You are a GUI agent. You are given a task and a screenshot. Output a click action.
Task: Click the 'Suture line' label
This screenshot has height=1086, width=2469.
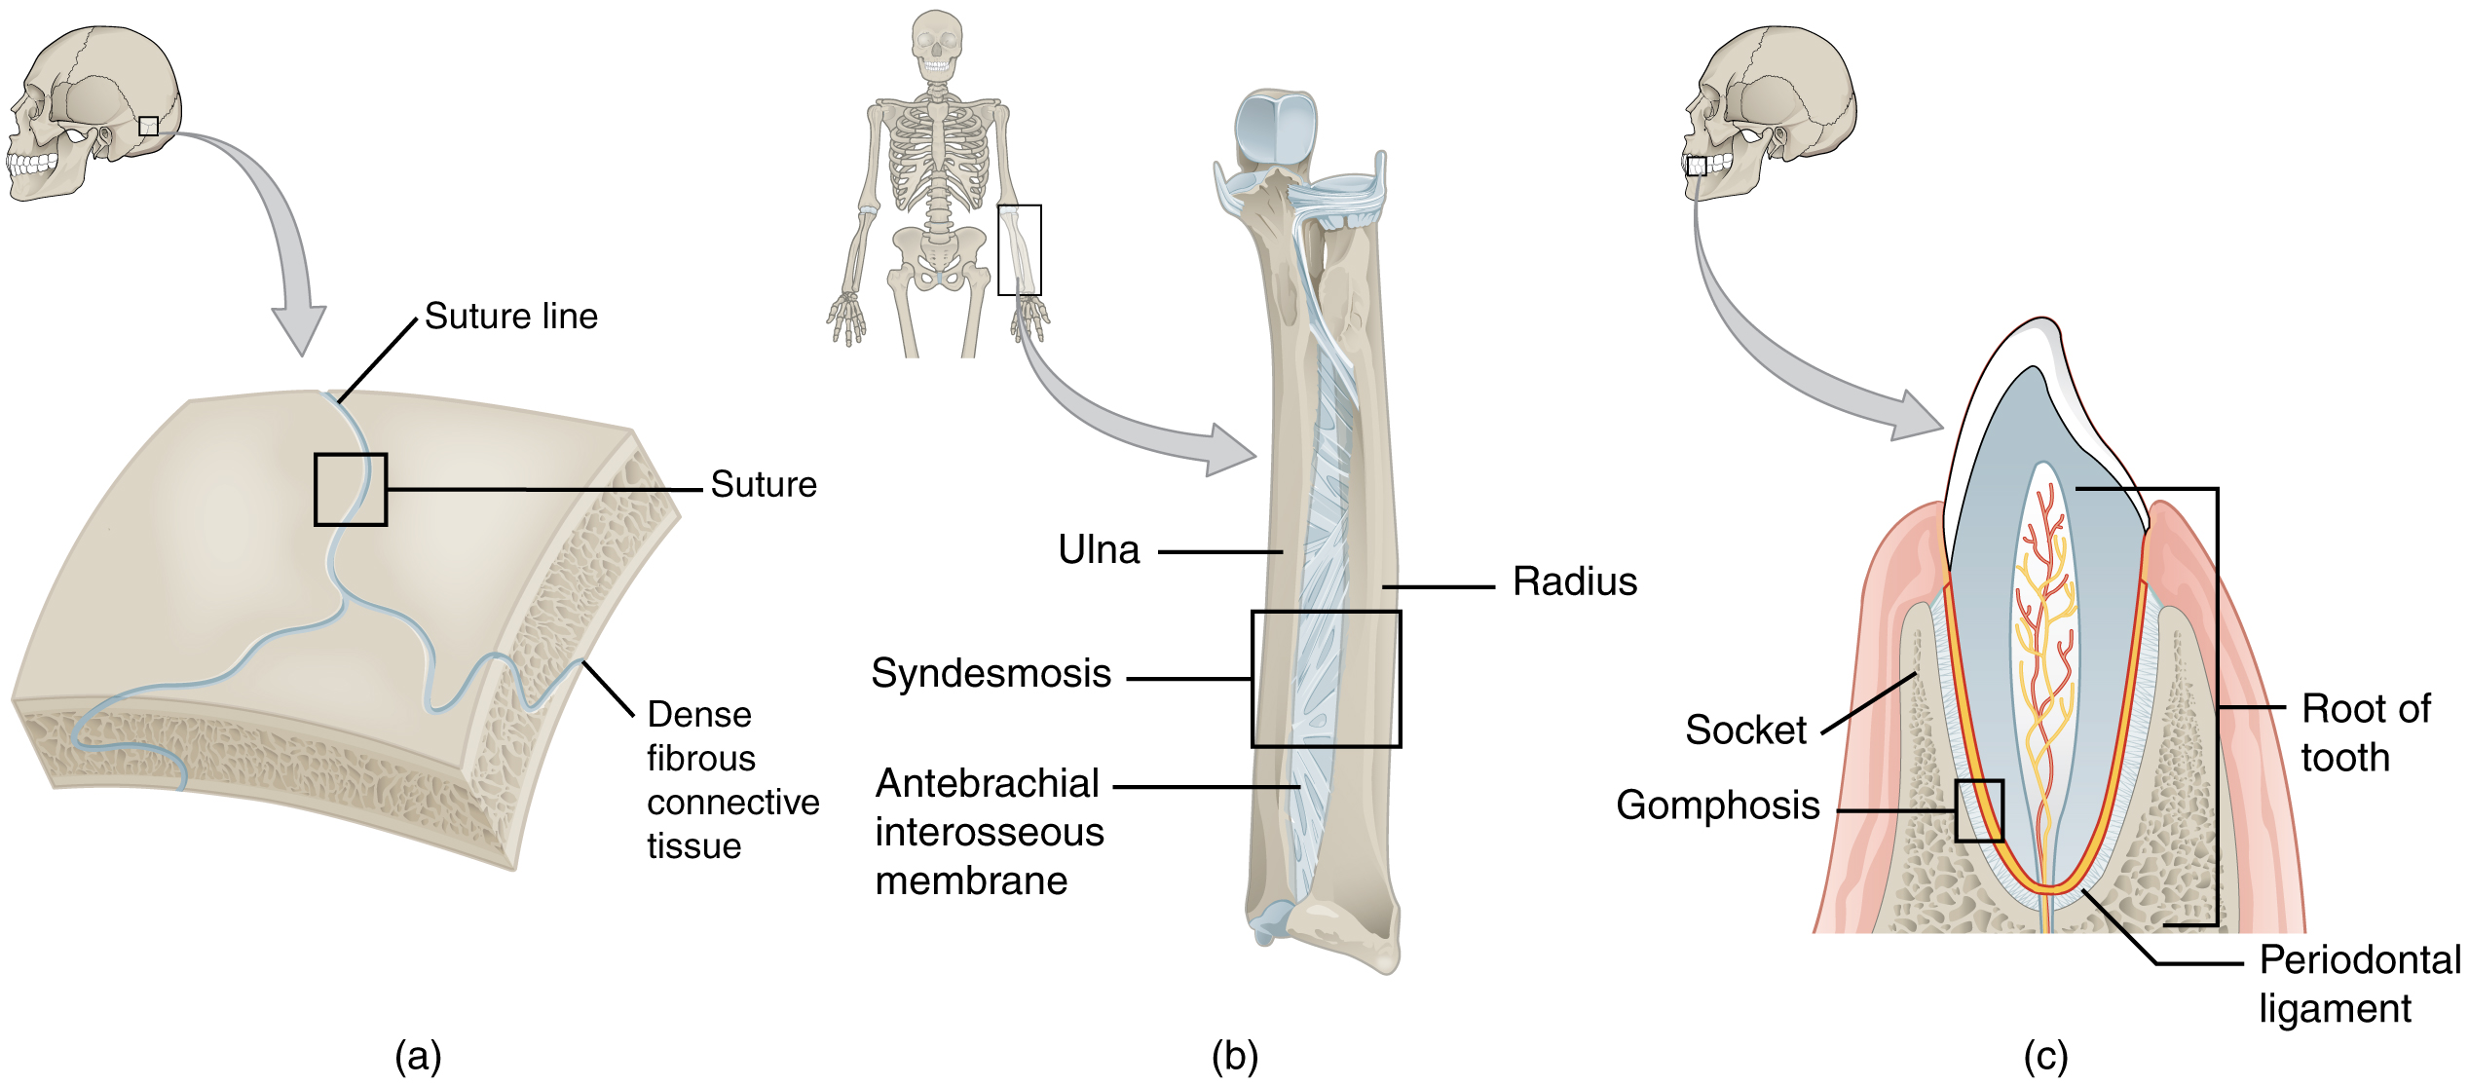510,317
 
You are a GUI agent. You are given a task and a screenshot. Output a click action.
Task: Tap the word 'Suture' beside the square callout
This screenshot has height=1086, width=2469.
764,484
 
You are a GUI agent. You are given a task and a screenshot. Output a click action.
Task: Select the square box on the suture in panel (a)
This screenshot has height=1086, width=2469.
351,490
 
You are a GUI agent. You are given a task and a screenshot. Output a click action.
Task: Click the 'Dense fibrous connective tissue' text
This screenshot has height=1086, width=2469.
731,780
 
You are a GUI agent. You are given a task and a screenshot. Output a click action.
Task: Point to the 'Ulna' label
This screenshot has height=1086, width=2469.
1099,550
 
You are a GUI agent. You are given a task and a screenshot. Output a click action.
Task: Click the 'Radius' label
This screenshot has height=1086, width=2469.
1574,581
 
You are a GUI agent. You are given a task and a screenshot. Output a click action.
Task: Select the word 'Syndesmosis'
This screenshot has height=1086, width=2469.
991,673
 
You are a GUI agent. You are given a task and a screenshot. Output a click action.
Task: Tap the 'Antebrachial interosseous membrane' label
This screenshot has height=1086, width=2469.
989,832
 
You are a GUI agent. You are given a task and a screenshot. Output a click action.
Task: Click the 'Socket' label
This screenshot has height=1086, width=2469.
1745,730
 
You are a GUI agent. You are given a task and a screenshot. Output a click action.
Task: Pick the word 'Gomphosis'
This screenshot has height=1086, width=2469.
1717,805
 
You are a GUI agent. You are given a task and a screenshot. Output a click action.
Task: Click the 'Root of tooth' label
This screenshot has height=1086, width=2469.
2365,733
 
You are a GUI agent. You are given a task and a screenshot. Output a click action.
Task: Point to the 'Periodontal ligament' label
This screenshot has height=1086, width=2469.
2358,984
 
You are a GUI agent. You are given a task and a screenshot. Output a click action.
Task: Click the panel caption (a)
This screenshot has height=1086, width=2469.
419,1056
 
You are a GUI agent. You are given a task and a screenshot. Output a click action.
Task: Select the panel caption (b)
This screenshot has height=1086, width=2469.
1234,1056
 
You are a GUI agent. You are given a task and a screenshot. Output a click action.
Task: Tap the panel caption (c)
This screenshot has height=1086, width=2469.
2045,1056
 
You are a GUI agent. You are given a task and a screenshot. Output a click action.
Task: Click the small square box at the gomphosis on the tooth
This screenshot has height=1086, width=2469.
1979,811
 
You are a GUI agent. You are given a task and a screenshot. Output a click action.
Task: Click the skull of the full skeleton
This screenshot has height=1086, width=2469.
937,44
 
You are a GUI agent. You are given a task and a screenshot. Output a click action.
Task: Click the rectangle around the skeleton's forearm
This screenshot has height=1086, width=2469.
1020,250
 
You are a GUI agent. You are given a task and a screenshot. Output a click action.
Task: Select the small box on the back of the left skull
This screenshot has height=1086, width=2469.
148,126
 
